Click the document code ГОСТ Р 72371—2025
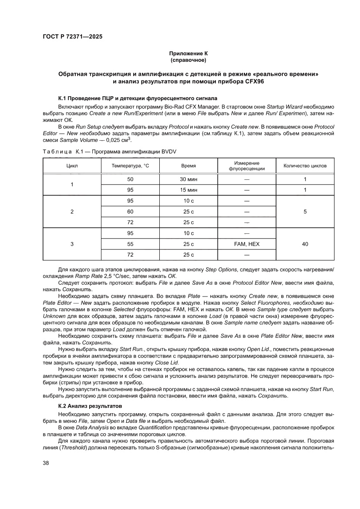[x=73, y=37]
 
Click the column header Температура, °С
[x=131, y=166]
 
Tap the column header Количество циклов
[x=305, y=166]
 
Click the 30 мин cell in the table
[x=188, y=179]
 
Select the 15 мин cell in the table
[x=188, y=190]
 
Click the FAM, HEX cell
[x=247, y=244]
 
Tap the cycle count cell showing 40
[x=305, y=244]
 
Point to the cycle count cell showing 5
[x=305, y=212]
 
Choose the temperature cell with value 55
[x=131, y=244]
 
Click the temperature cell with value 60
[x=131, y=212]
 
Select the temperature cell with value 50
[x=131, y=179]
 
